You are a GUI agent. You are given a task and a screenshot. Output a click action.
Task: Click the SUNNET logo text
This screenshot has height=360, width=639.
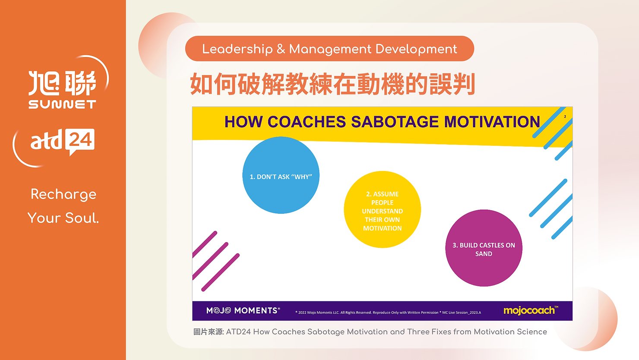[x=62, y=104]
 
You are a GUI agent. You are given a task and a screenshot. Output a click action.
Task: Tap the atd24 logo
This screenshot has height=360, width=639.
[x=63, y=142]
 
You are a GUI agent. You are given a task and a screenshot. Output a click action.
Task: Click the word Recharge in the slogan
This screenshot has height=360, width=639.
[x=63, y=195]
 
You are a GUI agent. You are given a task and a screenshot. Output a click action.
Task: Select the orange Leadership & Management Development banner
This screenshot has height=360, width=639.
[x=329, y=48]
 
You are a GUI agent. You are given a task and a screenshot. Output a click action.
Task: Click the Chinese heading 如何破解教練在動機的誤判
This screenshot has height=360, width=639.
[x=332, y=84]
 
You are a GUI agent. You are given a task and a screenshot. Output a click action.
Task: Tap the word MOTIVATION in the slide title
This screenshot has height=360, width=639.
[x=492, y=122]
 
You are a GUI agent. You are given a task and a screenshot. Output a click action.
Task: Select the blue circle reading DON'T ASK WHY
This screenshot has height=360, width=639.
[x=281, y=175]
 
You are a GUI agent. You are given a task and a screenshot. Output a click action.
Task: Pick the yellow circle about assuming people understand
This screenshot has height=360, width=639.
[x=382, y=209]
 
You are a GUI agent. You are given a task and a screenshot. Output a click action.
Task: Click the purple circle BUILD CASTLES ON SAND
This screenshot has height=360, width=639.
[x=484, y=248]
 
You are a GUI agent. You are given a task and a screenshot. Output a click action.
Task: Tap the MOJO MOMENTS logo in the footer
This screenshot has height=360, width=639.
[x=243, y=311]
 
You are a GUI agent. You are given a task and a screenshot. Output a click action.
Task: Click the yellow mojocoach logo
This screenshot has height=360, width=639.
[x=531, y=310]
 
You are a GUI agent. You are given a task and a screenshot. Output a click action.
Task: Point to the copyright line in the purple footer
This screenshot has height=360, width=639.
[x=388, y=313]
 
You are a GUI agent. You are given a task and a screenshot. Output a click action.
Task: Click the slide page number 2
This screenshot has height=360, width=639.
[x=565, y=117]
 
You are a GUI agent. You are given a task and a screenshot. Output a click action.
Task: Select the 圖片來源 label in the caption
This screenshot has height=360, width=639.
[x=209, y=332]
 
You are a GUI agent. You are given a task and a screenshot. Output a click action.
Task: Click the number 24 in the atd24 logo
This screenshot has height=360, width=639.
[x=81, y=140]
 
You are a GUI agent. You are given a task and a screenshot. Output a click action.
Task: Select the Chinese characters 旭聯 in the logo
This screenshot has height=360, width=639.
[x=62, y=83]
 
